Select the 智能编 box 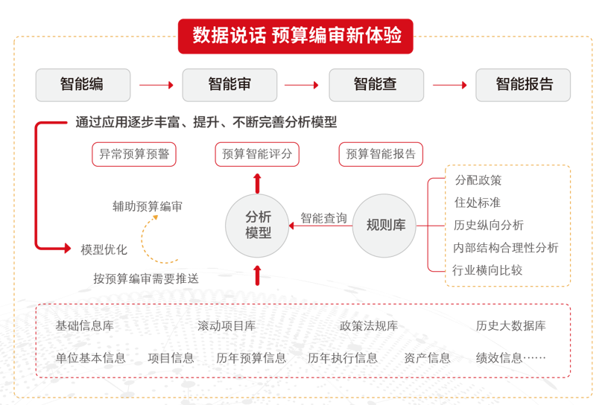pyautogui.click(x=83, y=85)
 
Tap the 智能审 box pyautogui.click(x=229, y=85)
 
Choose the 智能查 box pyautogui.click(x=376, y=85)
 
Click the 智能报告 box pyautogui.click(x=523, y=85)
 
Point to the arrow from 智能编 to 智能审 pyautogui.click(x=156, y=85)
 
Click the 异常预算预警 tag pyautogui.click(x=133, y=154)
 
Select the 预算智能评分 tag pyautogui.click(x=258, y=154)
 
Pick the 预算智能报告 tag pyautogui.click(x=381, y=154)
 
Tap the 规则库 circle pyautogui.click(x=385, y=225)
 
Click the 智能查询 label pyautogui.click(x=323, y=218)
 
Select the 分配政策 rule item pyautogui.click(x=478, y=180)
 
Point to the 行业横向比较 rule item pyautogui.click(x=488, y=270)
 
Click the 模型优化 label pyautogui.click(x=104, y=249)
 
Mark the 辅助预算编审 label pyautogui.click(x=148, y=206)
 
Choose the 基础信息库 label pyautogui.click(x=85, y=326)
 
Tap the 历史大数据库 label pyautogui.click(x=511, y=326)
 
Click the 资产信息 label pyautogui.click(x=428, y=358)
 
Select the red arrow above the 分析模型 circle pyautogui.click(x=258, y=183)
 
